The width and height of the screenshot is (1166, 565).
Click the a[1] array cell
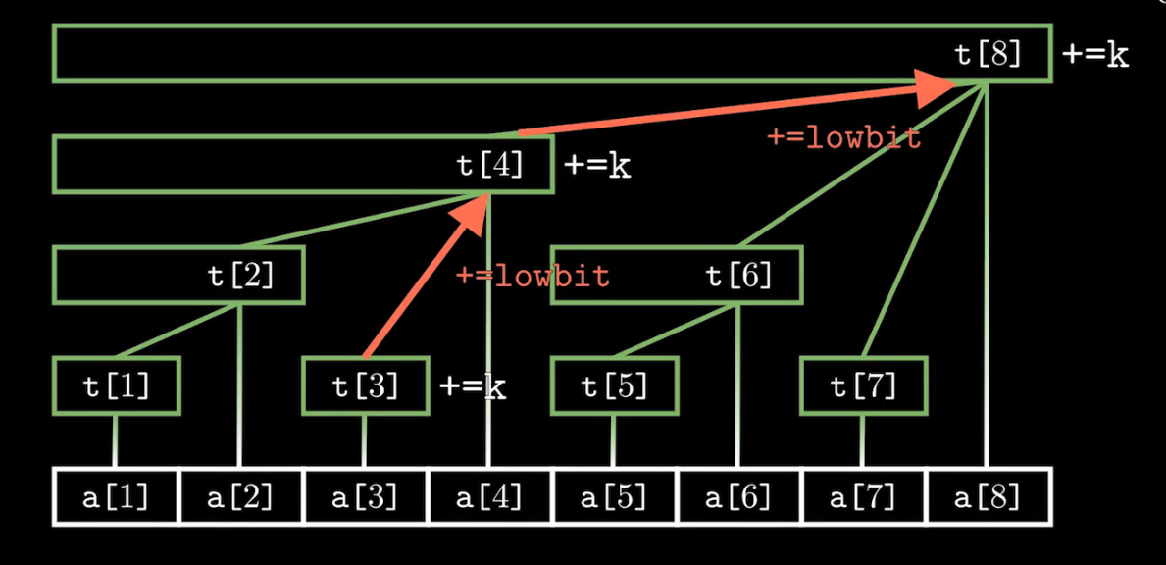pyautogui.click(x=116, y=497)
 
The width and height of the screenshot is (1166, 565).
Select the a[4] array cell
pyautogui.click(x=489, y=497)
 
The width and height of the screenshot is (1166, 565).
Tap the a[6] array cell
pyautogui.click(x=738, y=497)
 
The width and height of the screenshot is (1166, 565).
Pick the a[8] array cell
pyautogui.click(x=988, y=497)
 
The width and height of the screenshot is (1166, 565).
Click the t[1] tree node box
pyautogui.click(x=117, y=386)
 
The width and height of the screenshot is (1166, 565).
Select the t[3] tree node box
pyautogui.click(x=366, y=386)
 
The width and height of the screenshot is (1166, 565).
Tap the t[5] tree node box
pyautogui.click(x=615, y=386)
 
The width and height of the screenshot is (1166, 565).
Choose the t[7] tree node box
pyautogui.click(x=864, y=386)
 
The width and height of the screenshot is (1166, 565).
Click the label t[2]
pyautogui.click(x=241, y=276)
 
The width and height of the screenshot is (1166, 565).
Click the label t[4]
pyautogui.click(x=490, y=165)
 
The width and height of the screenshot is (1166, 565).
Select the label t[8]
pyautogui.click(x=989, y=54)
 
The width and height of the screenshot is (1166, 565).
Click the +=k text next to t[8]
pyautogui.click(x=1095, y=55)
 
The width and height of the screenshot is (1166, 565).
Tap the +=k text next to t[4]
pyautogui.click(x=597, y=166)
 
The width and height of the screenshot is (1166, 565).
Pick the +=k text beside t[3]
pyautogui.click(x=473, y=387)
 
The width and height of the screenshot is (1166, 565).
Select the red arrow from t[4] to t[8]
pyautogui.click(x=735, y=109)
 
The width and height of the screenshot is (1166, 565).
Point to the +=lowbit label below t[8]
pyautogui.click(x=844, y=138)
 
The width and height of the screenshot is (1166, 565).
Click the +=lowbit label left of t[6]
pyautogui.click(x=532, y=277)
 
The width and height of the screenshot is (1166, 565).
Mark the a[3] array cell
pyautogui.click(x=365, y=497)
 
